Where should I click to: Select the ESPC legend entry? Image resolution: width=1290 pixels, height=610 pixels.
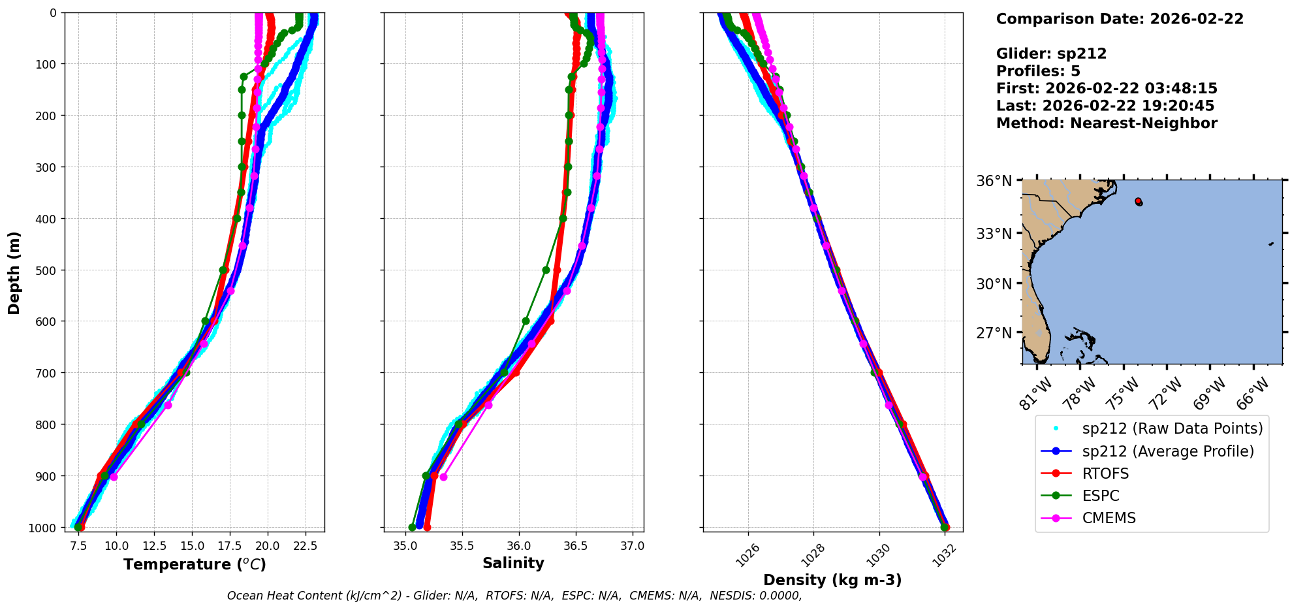[1101, 496]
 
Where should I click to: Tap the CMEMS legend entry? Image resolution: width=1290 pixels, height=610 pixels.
[1109, 518]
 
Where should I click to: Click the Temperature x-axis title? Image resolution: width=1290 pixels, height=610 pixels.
[195, 564]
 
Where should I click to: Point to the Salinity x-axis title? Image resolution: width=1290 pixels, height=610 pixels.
[513, 563]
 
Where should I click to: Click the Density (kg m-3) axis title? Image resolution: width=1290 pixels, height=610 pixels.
[832, 580]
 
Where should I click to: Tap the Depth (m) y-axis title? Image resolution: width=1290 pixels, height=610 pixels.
[14, 272]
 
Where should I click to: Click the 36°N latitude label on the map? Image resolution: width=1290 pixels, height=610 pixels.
[994, 181]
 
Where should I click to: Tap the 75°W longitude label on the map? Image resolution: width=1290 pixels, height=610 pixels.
[1122, 393]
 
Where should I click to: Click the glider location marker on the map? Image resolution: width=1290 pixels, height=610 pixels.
[1139, 202]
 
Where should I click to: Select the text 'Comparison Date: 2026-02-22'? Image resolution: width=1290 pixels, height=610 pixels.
[1120, 19]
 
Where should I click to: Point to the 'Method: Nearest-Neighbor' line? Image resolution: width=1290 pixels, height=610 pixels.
[1107, 123]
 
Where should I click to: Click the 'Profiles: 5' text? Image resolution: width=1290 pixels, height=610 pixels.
[1038, 71]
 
